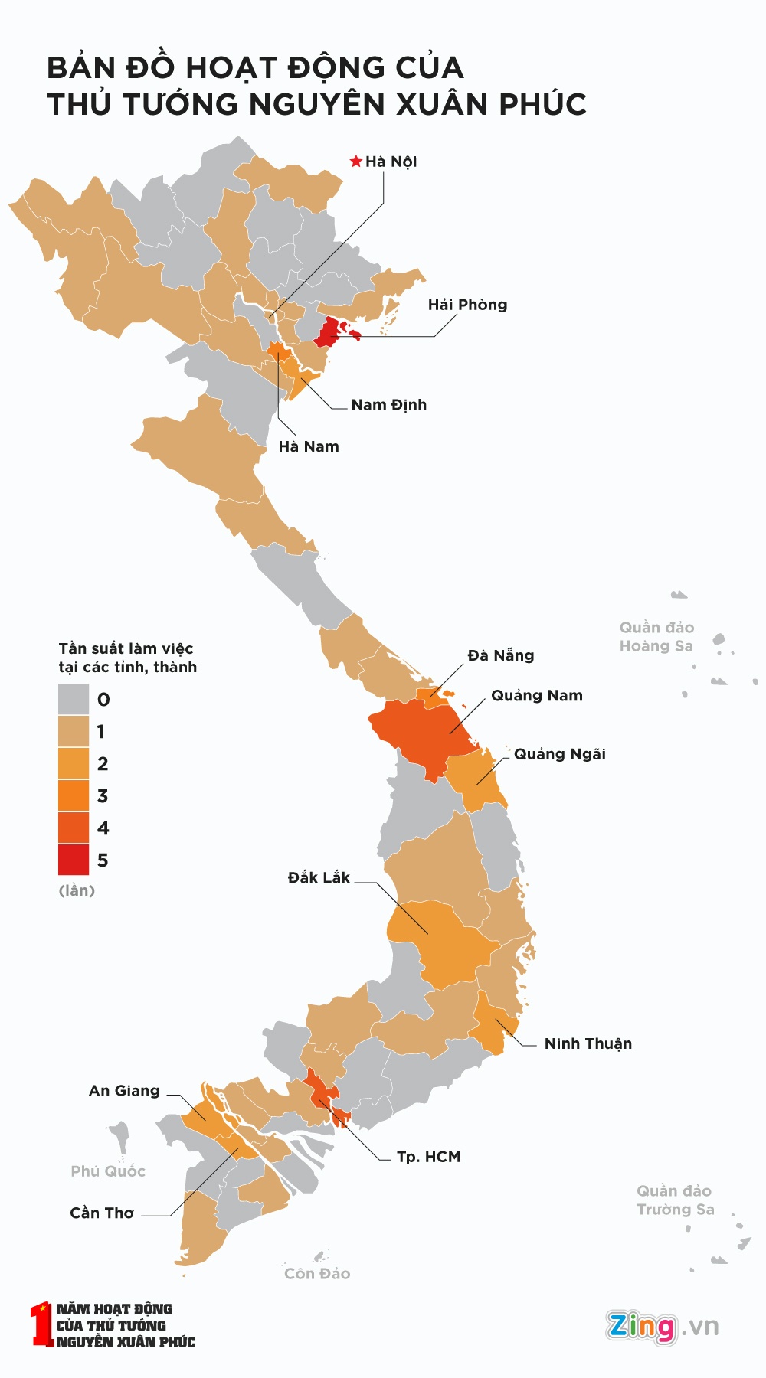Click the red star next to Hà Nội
tap(355, 162)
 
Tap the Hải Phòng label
tap(467, 305)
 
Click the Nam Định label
tap(388, 405)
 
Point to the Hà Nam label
tap(308, 446)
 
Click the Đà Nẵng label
tap(500, 655)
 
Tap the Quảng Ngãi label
tap(559, 754)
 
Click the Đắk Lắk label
tap(319, 877)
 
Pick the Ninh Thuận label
tap(588, 1043)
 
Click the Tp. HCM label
tap(428, 1157)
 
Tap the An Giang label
tap(124, 1091)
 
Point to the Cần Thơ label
tap(102, 1213)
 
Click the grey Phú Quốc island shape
tap(120, 1135)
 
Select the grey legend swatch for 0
tap(74, 699)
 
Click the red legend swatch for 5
tap(74, 860)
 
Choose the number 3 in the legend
tap(103, 796)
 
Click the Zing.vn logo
tap(662, 1326)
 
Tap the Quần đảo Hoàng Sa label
tap(656, 637)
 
